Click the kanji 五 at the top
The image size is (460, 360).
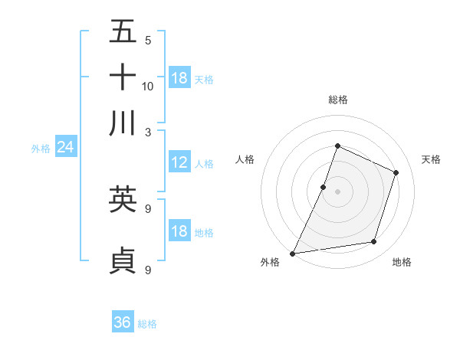pos(123,31)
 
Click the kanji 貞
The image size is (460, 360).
pos(123,260)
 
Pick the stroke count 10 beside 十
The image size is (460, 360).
pos(148,86)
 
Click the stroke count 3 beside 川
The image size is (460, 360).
pos(148,131)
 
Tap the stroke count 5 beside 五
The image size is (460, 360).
pos(148,41)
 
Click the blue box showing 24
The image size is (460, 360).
pos(65,147)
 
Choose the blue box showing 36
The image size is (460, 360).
pos(123,322)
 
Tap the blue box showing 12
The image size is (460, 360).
pos(179,162)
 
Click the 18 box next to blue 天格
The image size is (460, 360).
pos(179,78)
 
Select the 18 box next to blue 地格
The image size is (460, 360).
pos(179,231)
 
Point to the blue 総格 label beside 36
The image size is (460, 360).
pos(147,324)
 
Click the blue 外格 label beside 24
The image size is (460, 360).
pos(41,149)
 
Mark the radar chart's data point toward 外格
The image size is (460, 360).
pos(293,253)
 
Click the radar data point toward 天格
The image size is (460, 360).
pos(396,172)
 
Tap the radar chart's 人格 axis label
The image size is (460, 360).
pos(245,159)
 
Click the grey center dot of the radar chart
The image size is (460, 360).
pos(337,191)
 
